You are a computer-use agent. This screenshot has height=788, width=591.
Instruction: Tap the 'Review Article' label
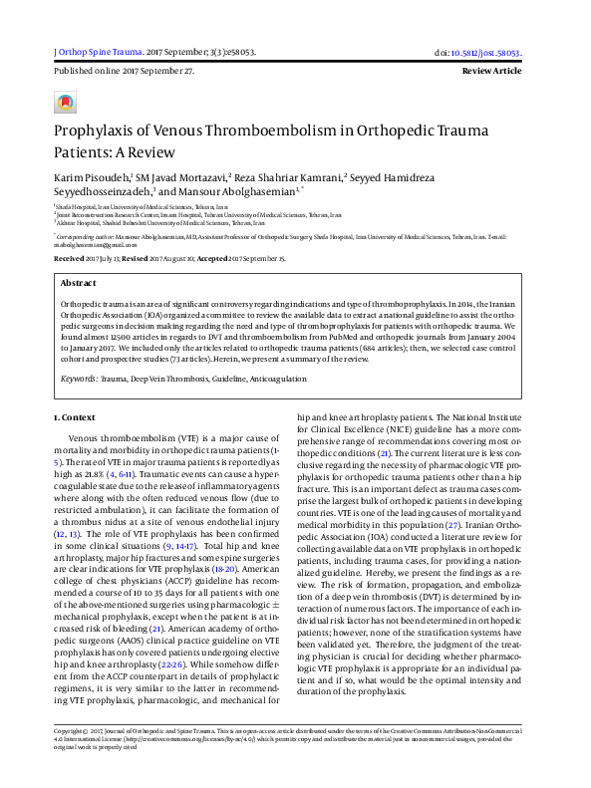[x=491, y=72]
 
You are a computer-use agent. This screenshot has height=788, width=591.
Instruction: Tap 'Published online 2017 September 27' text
[x=123, y=72]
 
